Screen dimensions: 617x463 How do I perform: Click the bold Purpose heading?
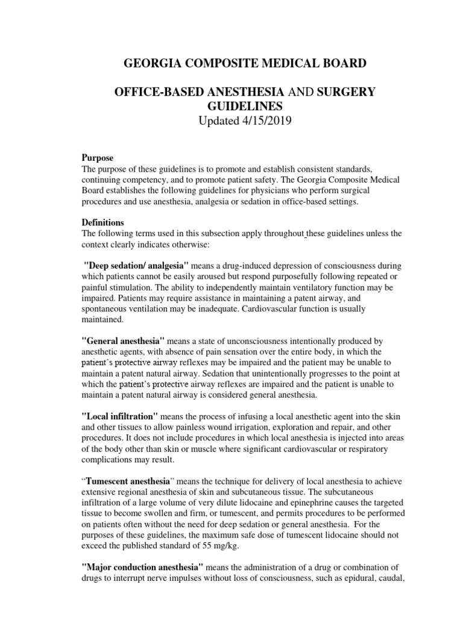[97, 157]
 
